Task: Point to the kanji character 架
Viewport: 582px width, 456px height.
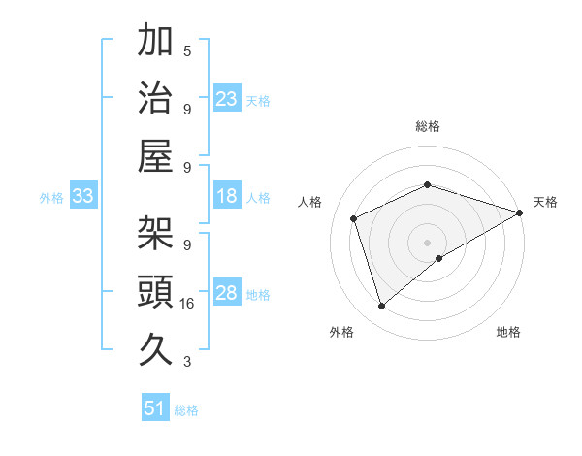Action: (156, 232)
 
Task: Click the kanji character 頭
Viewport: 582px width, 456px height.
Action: (156, 290)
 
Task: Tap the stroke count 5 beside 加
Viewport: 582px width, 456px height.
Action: (187, 51)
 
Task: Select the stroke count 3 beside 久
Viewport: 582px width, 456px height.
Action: (187, 363)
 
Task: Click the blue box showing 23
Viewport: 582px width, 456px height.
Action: (226, 99)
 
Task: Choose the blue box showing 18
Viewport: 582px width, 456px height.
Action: (226, 197)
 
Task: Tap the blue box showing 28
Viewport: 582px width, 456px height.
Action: (226, 294)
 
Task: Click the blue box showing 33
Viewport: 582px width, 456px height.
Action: (82, 197)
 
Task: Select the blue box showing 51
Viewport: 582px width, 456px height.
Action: (155, 409)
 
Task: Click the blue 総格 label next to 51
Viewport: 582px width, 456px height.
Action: (186, 410)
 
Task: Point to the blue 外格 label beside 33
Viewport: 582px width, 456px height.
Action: (51, 198)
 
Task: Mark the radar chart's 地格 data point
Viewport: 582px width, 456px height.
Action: (439, 258)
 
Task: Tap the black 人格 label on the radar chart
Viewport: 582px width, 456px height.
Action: (310, 202)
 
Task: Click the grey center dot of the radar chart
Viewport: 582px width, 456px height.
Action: (427, 241)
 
